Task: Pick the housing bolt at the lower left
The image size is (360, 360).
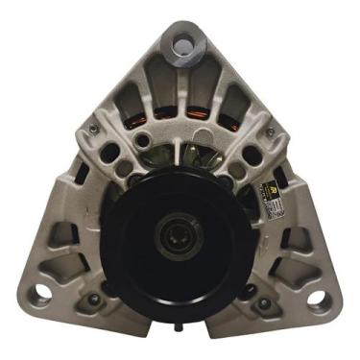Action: coord(93,300)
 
